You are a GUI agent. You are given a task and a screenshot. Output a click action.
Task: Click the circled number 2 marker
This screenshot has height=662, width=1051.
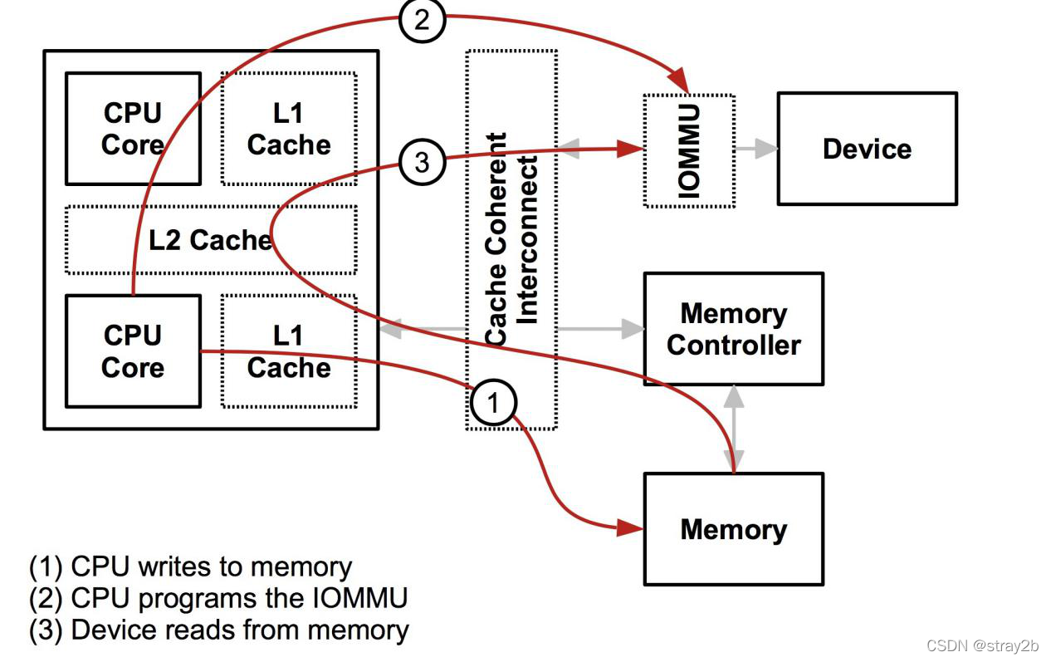click(422, 19)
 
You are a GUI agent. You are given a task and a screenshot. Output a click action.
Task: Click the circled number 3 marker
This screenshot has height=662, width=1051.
click(422, 162)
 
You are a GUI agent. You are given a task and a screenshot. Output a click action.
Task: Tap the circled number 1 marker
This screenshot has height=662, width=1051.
click(493, 404)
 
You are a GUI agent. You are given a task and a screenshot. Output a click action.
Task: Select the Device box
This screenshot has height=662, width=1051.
click(867, 149)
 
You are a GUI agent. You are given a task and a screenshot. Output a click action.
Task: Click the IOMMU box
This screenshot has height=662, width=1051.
click(689, 150)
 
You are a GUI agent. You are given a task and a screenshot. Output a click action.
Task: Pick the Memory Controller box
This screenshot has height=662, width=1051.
click(733, 329)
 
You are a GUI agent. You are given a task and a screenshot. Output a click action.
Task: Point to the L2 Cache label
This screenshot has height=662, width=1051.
click(210, 240)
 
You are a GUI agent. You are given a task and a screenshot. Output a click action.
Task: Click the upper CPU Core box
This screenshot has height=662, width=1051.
click(133, 128)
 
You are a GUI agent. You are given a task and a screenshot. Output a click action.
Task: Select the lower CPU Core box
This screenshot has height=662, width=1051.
click(133, 351)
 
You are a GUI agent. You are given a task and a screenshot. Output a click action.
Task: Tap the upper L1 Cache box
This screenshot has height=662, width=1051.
click(288, 128)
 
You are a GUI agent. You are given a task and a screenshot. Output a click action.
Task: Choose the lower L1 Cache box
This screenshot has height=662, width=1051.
click(288, 351)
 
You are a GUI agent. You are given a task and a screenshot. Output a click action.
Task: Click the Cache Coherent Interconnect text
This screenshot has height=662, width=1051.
click(511, 239)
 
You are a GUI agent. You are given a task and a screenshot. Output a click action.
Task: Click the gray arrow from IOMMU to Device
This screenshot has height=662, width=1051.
click(756, 150)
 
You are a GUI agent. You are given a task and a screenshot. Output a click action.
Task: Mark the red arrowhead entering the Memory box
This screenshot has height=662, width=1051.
click(632, 527)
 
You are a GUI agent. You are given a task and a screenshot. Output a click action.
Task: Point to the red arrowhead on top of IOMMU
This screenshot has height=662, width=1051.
click(680, 83)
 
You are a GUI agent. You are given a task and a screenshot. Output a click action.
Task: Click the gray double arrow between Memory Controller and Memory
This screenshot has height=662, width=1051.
click(733, 429)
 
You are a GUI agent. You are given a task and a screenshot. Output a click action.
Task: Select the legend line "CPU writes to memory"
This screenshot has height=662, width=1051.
click(191, 566)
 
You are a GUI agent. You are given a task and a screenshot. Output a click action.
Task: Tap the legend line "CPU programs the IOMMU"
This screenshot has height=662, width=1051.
click(218, 598)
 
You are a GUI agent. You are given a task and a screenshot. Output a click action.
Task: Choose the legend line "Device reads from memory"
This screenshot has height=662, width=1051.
click(219, 630)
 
